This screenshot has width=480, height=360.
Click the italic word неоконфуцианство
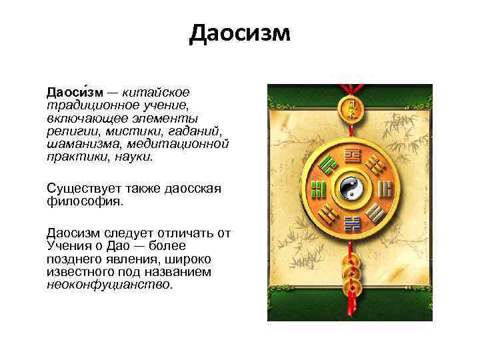109,285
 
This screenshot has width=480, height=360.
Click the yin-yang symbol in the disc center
349,189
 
